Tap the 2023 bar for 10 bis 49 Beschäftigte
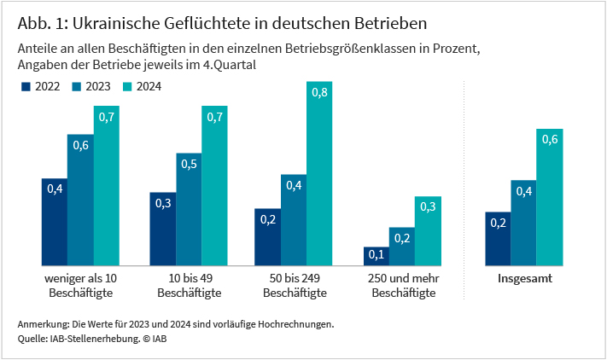pos(189,209)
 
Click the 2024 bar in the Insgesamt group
pos(550,197)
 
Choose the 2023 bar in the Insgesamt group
pos(523,223)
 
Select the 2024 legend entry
pos(143,86)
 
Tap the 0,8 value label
pos(319,93)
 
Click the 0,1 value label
pos(376,253)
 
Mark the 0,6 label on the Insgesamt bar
pos(550,140)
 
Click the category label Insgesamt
pos(523,279)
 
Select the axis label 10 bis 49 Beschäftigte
pos(190,286)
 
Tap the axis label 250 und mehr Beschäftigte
pos(402,286)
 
